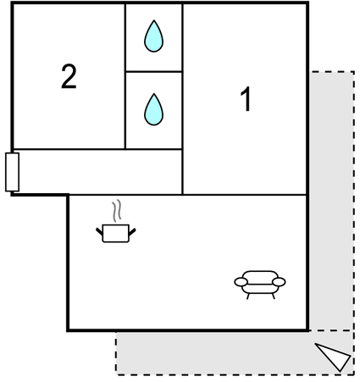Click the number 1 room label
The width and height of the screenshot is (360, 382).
tap(246, 99)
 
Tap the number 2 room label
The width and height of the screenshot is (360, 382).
tap(69, 76)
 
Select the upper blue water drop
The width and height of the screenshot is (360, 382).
tap(153, 36)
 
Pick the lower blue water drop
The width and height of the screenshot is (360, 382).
tap(153, 109)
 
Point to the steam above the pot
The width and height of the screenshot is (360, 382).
tap(117, 210)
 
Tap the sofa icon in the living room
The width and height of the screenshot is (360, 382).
tap(260, 285)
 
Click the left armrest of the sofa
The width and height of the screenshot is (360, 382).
tap(241, 282)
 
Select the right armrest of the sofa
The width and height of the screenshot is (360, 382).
tap(279, 282)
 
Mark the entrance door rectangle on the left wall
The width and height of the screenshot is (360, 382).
tap(12, 172)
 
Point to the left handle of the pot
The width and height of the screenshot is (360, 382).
tap(99, 231)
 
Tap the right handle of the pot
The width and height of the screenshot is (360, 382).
tap(132, 231)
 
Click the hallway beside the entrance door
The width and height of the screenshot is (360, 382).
tap(100, 172)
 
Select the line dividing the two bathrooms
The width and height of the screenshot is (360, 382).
tap(153, 71)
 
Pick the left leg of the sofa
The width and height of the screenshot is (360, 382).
tap(248, 296)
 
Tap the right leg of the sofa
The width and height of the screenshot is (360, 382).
tap(274, 296)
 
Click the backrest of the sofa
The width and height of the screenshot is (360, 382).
tap(260, 274)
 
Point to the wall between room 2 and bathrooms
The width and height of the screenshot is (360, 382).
tap(125, 76)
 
